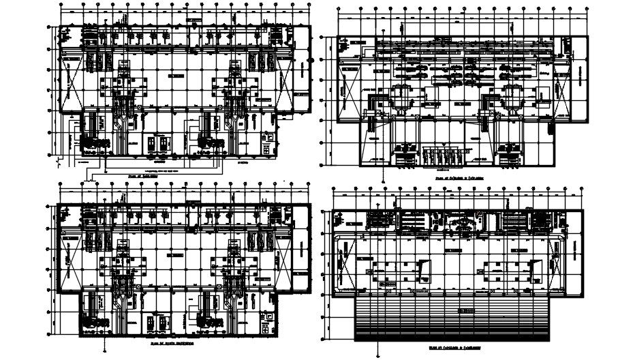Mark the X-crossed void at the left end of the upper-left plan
pos(70,86)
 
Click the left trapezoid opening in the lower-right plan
pos(424,270)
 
